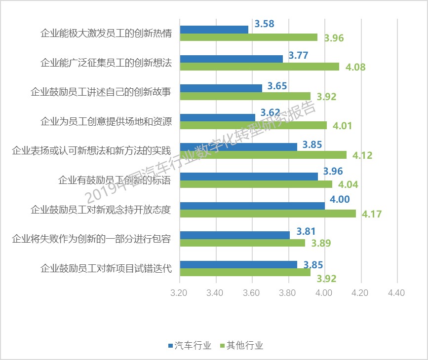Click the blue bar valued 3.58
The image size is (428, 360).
(x=214, y=30)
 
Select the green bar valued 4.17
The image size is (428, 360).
(x=268, y=214)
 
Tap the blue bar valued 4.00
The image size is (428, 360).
(x=252, y=206)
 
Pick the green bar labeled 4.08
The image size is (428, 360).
(x=259, y=67)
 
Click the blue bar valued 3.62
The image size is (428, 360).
(x=217, y=117)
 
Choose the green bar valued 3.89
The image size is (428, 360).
(x=242, y=243)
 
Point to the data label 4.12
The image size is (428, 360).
(x=362, y=155)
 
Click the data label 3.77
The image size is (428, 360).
(x=298, y=55)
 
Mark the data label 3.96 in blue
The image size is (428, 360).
(x=333, y=172)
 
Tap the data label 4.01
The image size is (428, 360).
(x=342, y=126)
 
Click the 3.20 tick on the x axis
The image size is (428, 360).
(x=179, y=292)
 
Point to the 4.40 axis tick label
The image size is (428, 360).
(x=396, y=292)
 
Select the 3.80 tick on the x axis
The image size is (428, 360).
(x=288, y=292)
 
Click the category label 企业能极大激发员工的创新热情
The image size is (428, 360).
(x=106, y=34)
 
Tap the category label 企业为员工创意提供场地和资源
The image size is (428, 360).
(x=106, y=121)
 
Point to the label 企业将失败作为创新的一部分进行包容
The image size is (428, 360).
(x=92, y=239)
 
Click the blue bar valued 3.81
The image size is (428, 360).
(x=234, y=235)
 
